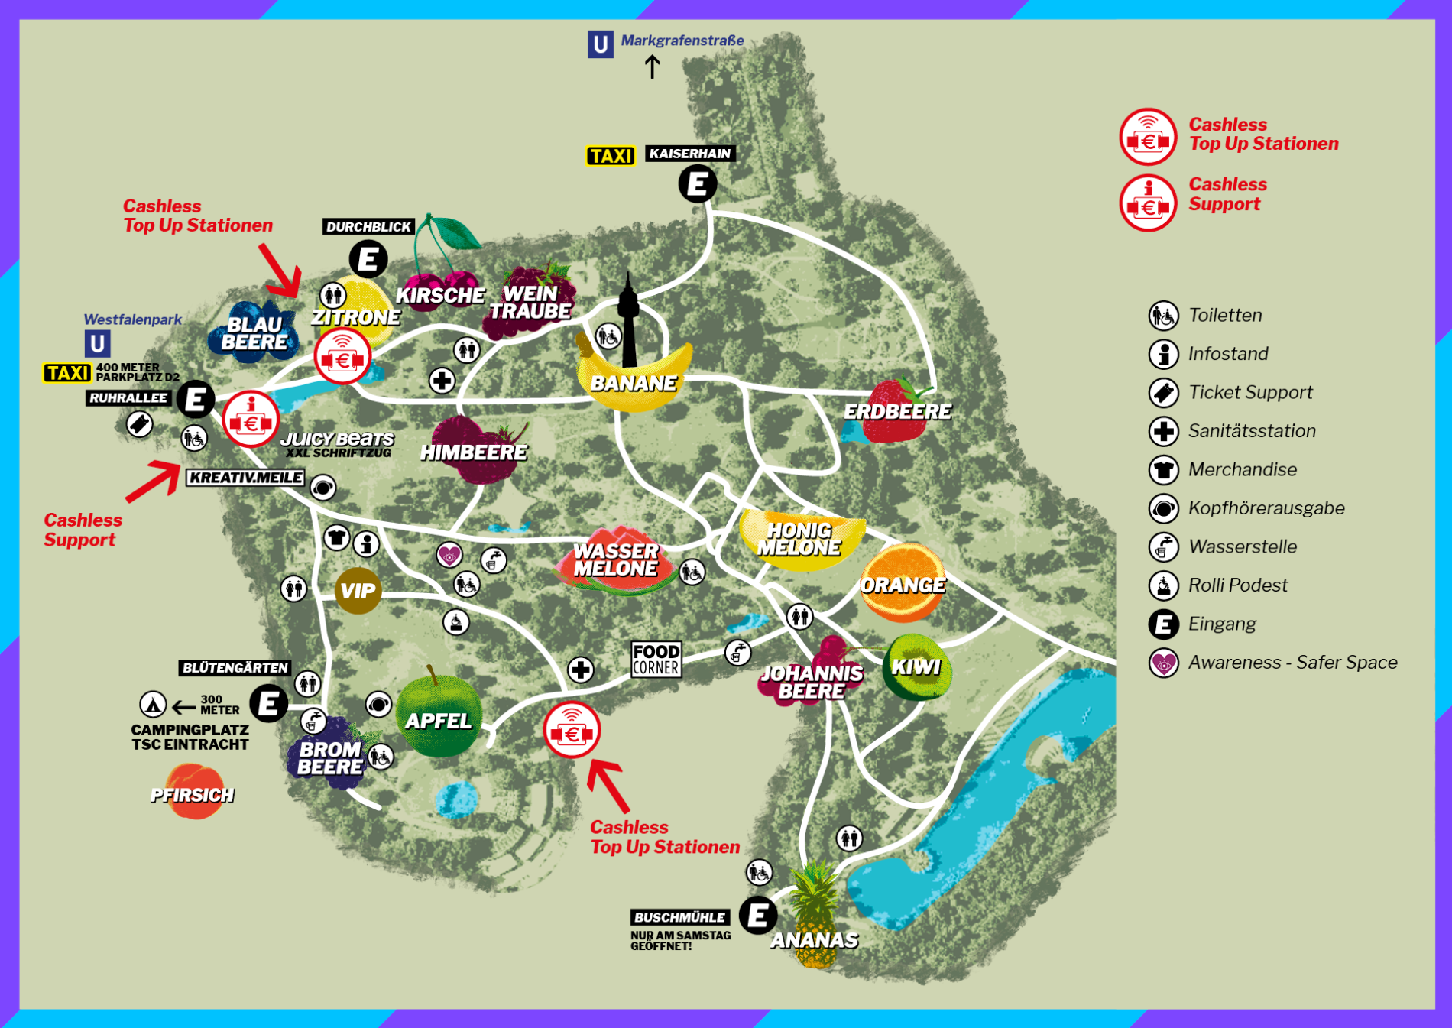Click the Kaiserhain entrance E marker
(697, 184)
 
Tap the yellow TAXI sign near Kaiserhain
(611, 156)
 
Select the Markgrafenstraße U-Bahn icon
(601, 44)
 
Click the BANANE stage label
(634, 383)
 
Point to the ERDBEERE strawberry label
(897, 412)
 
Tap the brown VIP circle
(358, 591)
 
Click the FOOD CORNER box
(656, 659)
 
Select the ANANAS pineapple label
(814, 940)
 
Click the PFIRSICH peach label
(192, 796)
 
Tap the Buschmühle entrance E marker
(757, 915)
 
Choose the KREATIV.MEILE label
(246, 478)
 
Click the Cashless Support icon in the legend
(1147, 203)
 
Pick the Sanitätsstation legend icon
(1163, 431)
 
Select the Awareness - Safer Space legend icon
(1163, 663)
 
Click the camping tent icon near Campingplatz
(153, 705)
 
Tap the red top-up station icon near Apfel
(572, 731)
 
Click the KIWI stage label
(916, 667)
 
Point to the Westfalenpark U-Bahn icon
(97, 343)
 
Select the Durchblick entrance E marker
(368, 259)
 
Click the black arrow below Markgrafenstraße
(652, 66)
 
